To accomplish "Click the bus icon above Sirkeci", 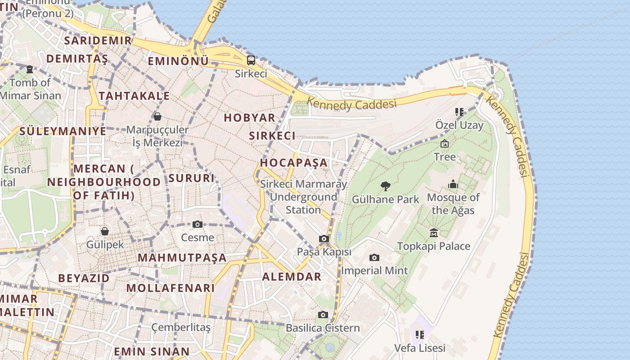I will (x=251, y=60).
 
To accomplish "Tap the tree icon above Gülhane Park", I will (x=385, y=186).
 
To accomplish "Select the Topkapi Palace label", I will (x=433, y=246).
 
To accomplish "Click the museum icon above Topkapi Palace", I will (x=434, y=233).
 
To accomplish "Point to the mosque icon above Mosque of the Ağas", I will (x=453, y=184).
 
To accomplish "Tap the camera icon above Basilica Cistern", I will (x=323, y=315).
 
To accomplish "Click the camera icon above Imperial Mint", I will (x=374, y=258).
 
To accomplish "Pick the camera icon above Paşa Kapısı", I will (x=324, y=239).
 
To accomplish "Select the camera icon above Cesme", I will (x=198, y=224).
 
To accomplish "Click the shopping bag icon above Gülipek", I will (x=105, y=231).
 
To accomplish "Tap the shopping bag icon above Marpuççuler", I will (x=157, y=117).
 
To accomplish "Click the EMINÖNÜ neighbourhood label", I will (x=178, y=61).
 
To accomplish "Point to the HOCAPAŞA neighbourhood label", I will (x=294, y=162).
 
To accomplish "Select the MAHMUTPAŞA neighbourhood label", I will (x=182, y=258).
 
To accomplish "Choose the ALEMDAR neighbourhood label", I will (x=292, y=276).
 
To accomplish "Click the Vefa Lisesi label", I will (x=420, y=348).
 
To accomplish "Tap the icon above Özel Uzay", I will (x=459, y=112).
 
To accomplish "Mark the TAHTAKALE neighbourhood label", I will (x=134, y=96).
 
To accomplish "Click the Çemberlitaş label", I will (x=181, y=327).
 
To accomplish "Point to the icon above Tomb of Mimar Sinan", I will (x=30, y=69).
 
